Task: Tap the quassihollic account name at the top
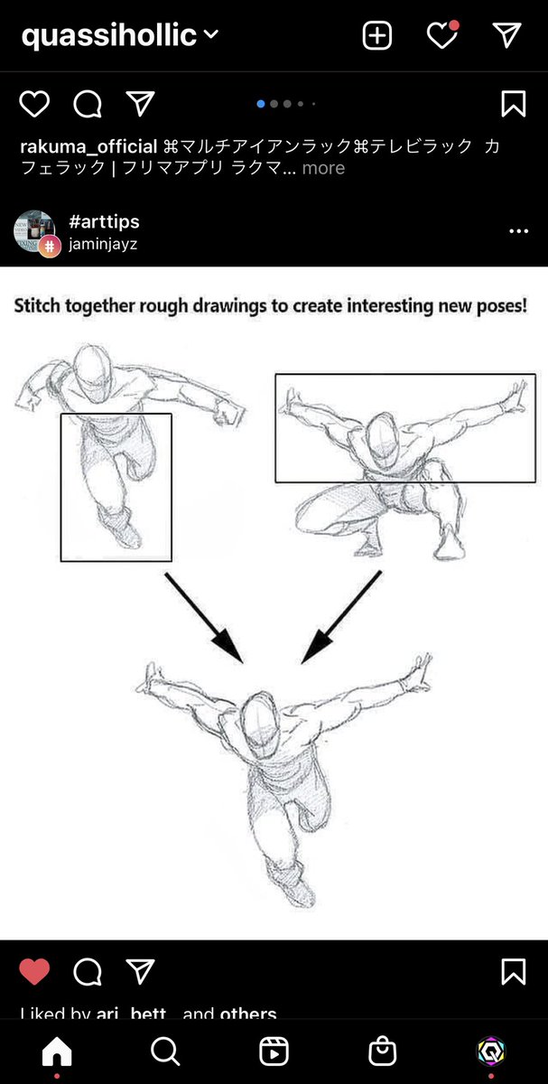pyautogui.click(x=108, y=35)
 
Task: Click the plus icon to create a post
pyautogui.click(x=376, y=35)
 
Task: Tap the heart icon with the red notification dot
pyautogui.click(x=441, y=35)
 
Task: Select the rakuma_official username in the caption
pyautogui.click(x=88, y=146)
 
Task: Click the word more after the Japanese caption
pyautogui.click(x=323, y=168)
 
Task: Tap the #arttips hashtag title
pyautogui.click(x=104, y=222)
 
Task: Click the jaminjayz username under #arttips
pyautogui.click(x=103, y=244)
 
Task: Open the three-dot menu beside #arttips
pyautogui.click(x=518, y=232)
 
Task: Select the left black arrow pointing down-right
pyautogui.click(x=204, y=618)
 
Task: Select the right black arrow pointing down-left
pyautogui.click(x=341, y=618)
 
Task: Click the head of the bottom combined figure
pyautogui.click(x=261, y=718)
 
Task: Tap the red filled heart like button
pyautogui.click(x=34, y=972)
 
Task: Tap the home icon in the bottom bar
pyautogui.click(x=57, y=1051)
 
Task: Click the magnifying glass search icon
pyautogui.click(x=165, y=1051)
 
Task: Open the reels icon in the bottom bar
pyautogui.click(x=274, y=1051)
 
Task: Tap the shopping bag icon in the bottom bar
pyautogui.click(x=383, y=1051)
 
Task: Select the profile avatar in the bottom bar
pyautogui.click(x=491, y=1051)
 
